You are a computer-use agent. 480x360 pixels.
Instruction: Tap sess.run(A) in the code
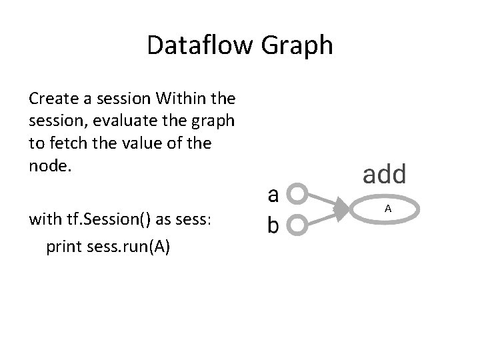coord(128,247)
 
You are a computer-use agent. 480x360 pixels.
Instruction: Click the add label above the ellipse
coord(383,175)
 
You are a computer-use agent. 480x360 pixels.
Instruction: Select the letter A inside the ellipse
coord(387,210)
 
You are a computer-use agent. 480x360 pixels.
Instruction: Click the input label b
coord(273,225)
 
